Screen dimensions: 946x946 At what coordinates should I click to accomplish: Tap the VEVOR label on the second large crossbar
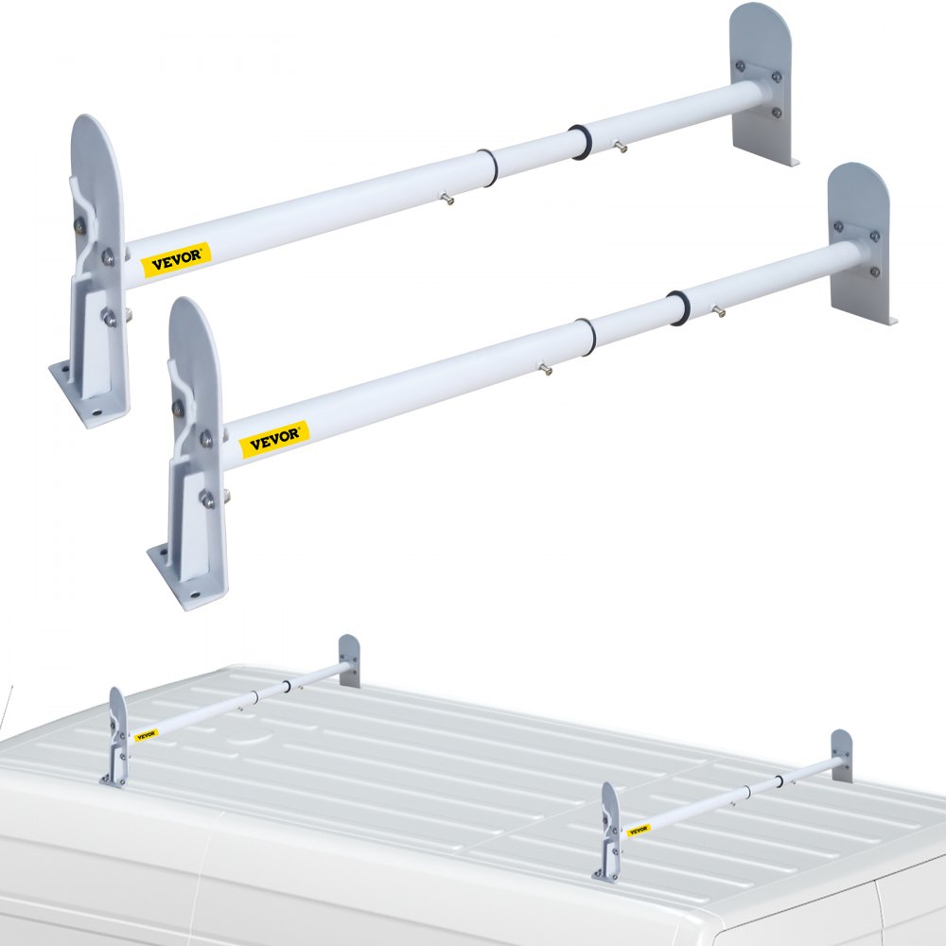click(x=274, y=436)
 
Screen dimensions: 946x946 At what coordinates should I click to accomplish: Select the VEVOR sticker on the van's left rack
click(x=146, y=735)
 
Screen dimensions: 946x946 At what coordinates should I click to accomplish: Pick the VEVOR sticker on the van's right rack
click(x=639, y=830)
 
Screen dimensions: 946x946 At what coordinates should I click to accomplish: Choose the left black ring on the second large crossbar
click(x=586, y=337)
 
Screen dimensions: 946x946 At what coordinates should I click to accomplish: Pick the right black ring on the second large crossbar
click(x=677, y=307)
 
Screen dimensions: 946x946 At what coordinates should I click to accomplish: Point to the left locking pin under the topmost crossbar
click(x=446, y=198)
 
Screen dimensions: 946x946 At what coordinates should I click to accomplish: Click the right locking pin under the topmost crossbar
click(x=621, y=146)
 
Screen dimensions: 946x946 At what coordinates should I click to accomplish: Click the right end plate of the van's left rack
click(x=349, y=660)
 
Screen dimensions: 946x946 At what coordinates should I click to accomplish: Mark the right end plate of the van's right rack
click(x=841, y=755)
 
